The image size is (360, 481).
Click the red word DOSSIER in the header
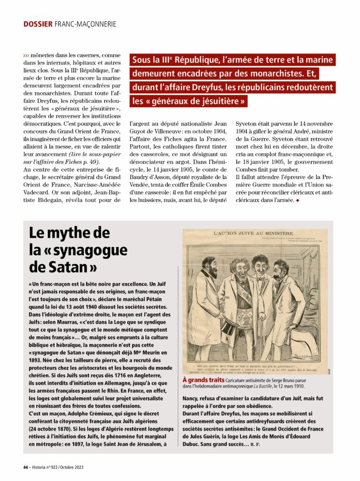(38, 23)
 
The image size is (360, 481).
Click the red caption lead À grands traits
(203, 379)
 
